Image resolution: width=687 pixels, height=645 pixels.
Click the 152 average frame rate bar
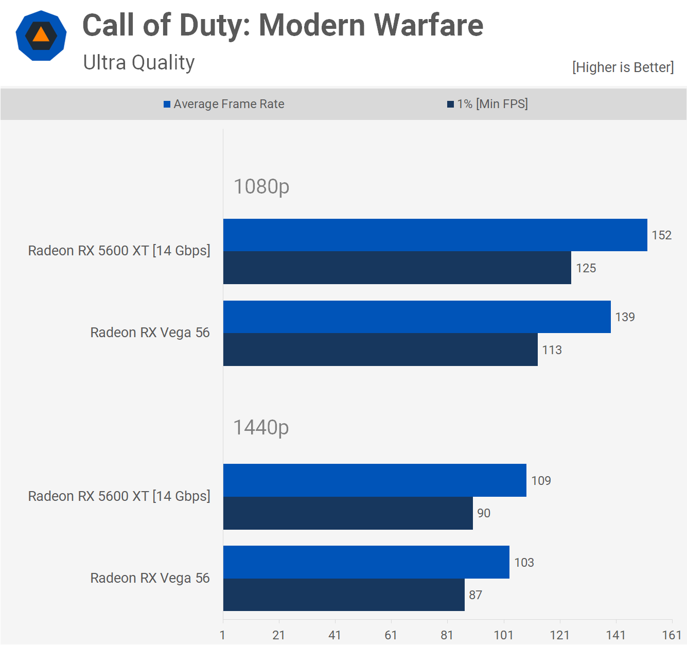(435, 235)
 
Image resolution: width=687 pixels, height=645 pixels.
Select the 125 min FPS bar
(397, 268)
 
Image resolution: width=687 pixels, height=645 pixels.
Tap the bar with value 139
(417, 317)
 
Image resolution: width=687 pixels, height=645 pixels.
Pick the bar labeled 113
(380, 350)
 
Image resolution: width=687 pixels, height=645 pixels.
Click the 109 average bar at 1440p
(375, 480)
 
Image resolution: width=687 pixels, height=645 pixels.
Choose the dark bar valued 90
(348, 513)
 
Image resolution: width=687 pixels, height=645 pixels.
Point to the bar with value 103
(366, 562)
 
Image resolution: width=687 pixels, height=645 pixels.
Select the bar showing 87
(344, 595)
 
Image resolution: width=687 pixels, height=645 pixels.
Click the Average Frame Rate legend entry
(224, 104)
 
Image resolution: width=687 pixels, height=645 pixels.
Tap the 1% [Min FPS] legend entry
(487, 104)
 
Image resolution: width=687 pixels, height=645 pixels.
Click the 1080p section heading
(261, 186)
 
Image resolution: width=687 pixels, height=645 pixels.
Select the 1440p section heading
(261, 427)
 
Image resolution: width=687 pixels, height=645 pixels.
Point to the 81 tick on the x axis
(447, 635)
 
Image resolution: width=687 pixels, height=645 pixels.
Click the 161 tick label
(672, 635)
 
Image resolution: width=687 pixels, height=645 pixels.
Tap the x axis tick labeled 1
(223, 635)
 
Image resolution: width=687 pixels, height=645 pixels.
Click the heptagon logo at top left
(41, 36)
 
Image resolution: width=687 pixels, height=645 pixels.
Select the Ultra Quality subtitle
(139, 63)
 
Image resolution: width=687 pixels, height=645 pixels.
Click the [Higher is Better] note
(623, 67)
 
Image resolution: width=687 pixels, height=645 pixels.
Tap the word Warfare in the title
(428, 25)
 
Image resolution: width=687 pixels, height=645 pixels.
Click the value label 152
(662, 235)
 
